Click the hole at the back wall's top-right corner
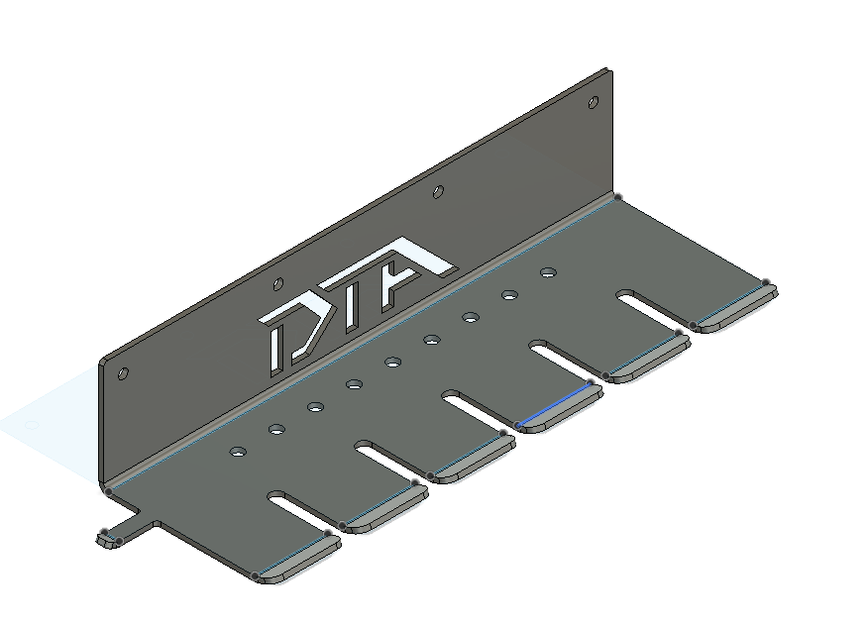(594, 102)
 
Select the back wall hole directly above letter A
(438, 191)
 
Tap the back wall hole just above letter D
(278, 282)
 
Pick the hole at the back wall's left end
(123, 373)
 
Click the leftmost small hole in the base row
(238, 452)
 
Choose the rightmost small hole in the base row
(547, 271)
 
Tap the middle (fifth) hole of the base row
(392, 362)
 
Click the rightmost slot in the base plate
(650, 305)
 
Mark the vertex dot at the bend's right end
(617, 197)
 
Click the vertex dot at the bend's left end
(108, 490)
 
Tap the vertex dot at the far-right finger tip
(766, 283)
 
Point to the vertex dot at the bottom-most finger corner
(256, 575)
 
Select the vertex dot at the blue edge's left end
(518, 426)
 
